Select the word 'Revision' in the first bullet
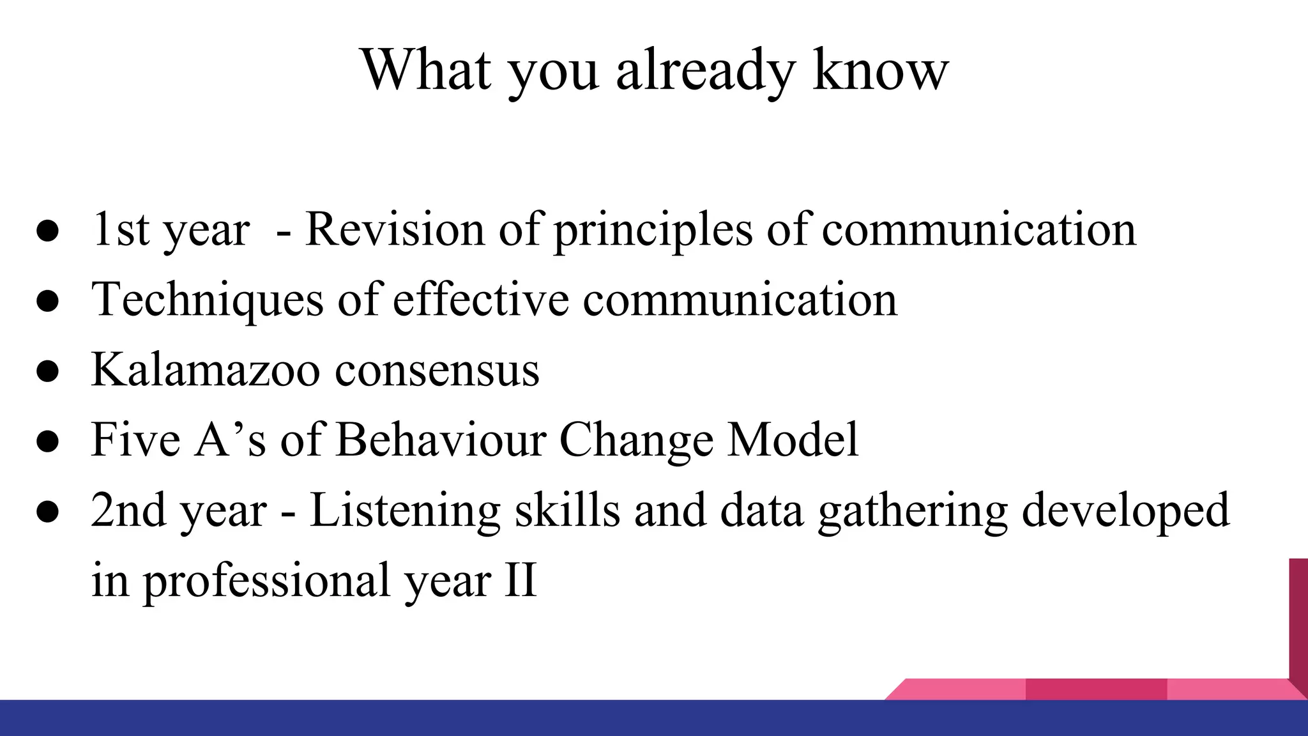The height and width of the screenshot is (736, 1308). click(395, 229)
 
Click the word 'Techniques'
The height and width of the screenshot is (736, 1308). click(207, 300)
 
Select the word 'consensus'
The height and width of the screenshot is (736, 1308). click(437, 371)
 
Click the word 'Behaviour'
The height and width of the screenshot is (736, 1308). click(441, 440)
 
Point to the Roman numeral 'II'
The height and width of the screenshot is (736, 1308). click(520, 581)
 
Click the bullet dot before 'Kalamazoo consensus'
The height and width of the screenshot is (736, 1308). click(48, 371)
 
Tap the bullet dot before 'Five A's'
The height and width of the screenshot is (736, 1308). click(48, 441)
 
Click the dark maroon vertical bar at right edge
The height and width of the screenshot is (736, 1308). click(1298, 620)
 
